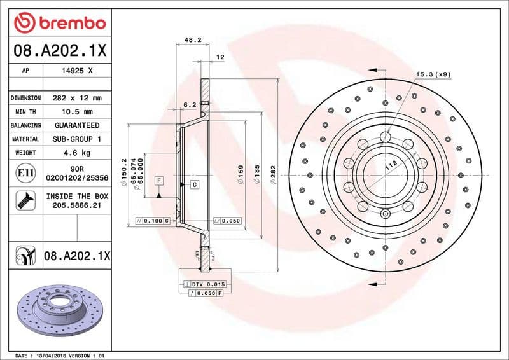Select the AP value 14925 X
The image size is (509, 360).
click(77, 71)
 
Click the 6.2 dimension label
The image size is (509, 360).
click(189, 104)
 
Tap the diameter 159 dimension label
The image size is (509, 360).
click(240, 175)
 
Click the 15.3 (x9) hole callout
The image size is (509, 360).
click(433, 74)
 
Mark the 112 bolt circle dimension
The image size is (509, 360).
click(389, 167)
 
